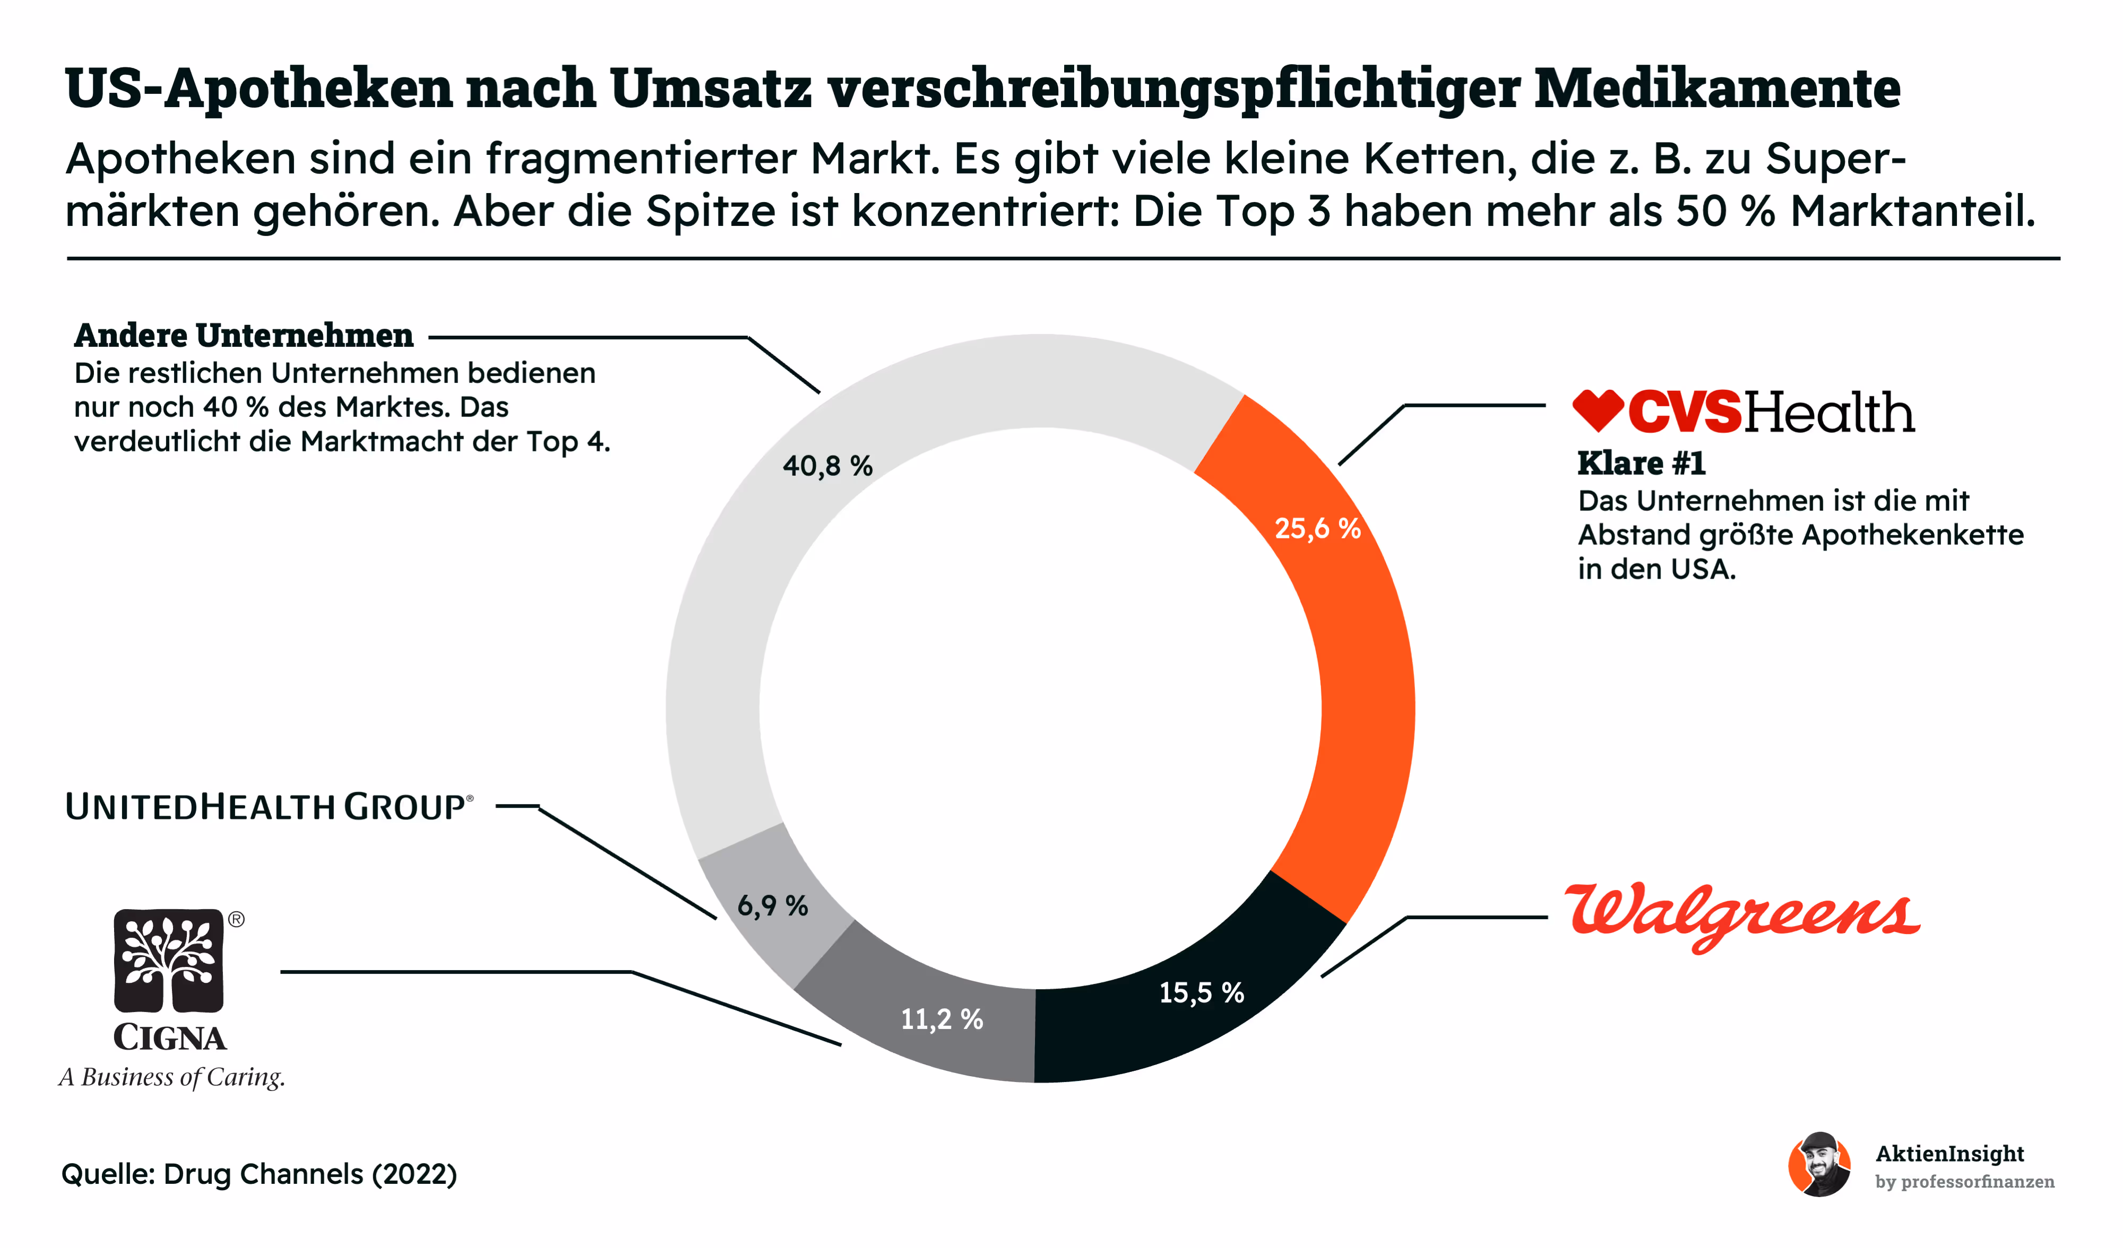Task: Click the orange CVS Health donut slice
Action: point(1365,691)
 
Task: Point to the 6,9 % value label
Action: point(773,906)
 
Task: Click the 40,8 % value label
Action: point(827,466)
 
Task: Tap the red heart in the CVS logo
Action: point(1598,410)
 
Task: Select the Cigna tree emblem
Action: point(168,960)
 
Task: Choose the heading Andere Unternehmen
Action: point(244,335)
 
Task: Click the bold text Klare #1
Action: point(1641,463)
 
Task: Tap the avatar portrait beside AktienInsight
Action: point(1820,1165)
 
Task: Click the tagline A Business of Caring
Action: point(172,1077)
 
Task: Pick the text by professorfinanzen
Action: point(1965,1182)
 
